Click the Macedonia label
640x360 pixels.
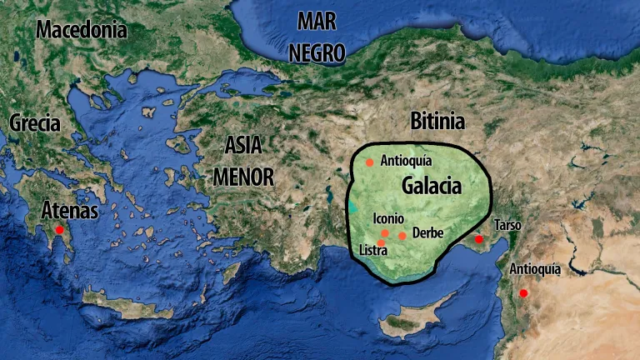coord(81,31)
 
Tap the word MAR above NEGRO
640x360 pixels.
coord(317,22)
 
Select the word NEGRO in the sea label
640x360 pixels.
coord(317,52)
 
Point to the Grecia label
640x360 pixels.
coord(35,123)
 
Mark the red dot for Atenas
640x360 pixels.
coord(59,229)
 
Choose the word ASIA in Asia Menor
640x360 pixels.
coord(243,145)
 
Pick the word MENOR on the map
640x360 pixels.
coord(243,176)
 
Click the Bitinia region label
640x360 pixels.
coord(437,122)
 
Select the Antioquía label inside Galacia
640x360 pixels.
coord(406,161)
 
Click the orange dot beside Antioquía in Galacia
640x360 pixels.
coord(369,162)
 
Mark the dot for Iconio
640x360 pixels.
coord(384,233)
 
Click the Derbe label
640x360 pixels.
coord(427,232)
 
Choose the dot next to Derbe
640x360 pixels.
coord(402,236)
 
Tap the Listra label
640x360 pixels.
coord(372,250)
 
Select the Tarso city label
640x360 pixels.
coord(507,225)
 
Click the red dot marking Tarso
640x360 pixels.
coord(479,240)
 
